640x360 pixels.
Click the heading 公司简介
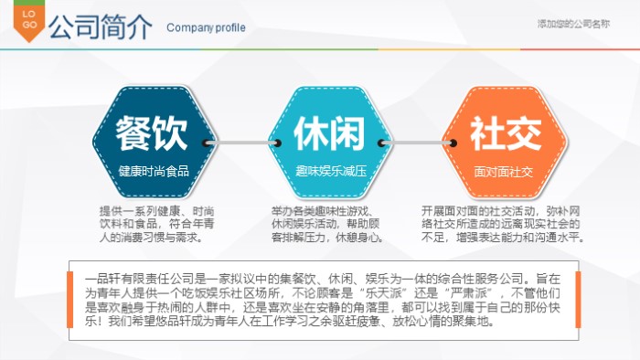pos(101,26)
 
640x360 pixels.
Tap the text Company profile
pos(206,27)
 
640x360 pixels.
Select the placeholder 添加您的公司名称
pos(573,23)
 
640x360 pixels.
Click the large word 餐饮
pos(152,133)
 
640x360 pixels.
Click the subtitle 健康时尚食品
pos(153,171)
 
